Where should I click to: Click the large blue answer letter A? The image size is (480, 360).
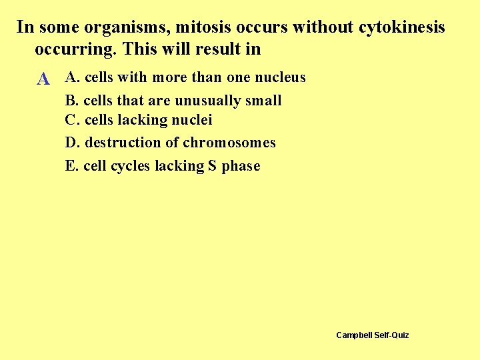pyautogui.click(x=43, y=79)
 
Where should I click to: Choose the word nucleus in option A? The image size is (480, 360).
pyautogui.click(x=278, y=77)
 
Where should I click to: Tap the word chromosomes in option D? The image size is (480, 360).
pyautogui.click(x=229, y=143)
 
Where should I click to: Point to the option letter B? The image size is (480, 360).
pyautogui.click(x=71, y=101)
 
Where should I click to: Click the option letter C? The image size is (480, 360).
pyautogui.click(x=71, y=120)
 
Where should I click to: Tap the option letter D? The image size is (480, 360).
pyautogui.click(x=71, y=143)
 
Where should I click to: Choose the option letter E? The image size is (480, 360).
pyautogui.click(x=71, y=166)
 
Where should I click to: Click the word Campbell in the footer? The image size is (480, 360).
pyautogui.click(x=354, y=335)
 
